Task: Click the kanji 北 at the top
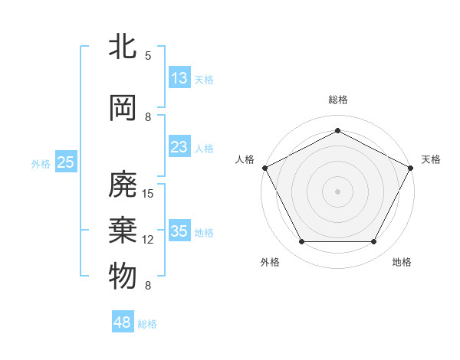(123, 47)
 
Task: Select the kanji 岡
(123, 108)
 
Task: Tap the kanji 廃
(123, 184)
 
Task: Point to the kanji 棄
(123, 230)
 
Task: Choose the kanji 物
(123, 276)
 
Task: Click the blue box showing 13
(179, 77)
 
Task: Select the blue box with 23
(179, 148)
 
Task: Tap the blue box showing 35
(179, 231)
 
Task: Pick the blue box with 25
(66, 162)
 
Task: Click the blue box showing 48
(123, 322)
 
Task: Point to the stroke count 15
(149, 193)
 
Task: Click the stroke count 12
(149, 239)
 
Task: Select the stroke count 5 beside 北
(148, 55)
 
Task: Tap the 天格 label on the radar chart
(431, 159)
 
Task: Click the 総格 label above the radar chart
(338, 100)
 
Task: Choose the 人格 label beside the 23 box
(204, 149)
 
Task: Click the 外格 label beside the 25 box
(41, 163)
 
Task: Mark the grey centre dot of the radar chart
(337, 191)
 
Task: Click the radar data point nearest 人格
(265, 168)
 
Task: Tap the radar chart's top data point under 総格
(337, 130)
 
